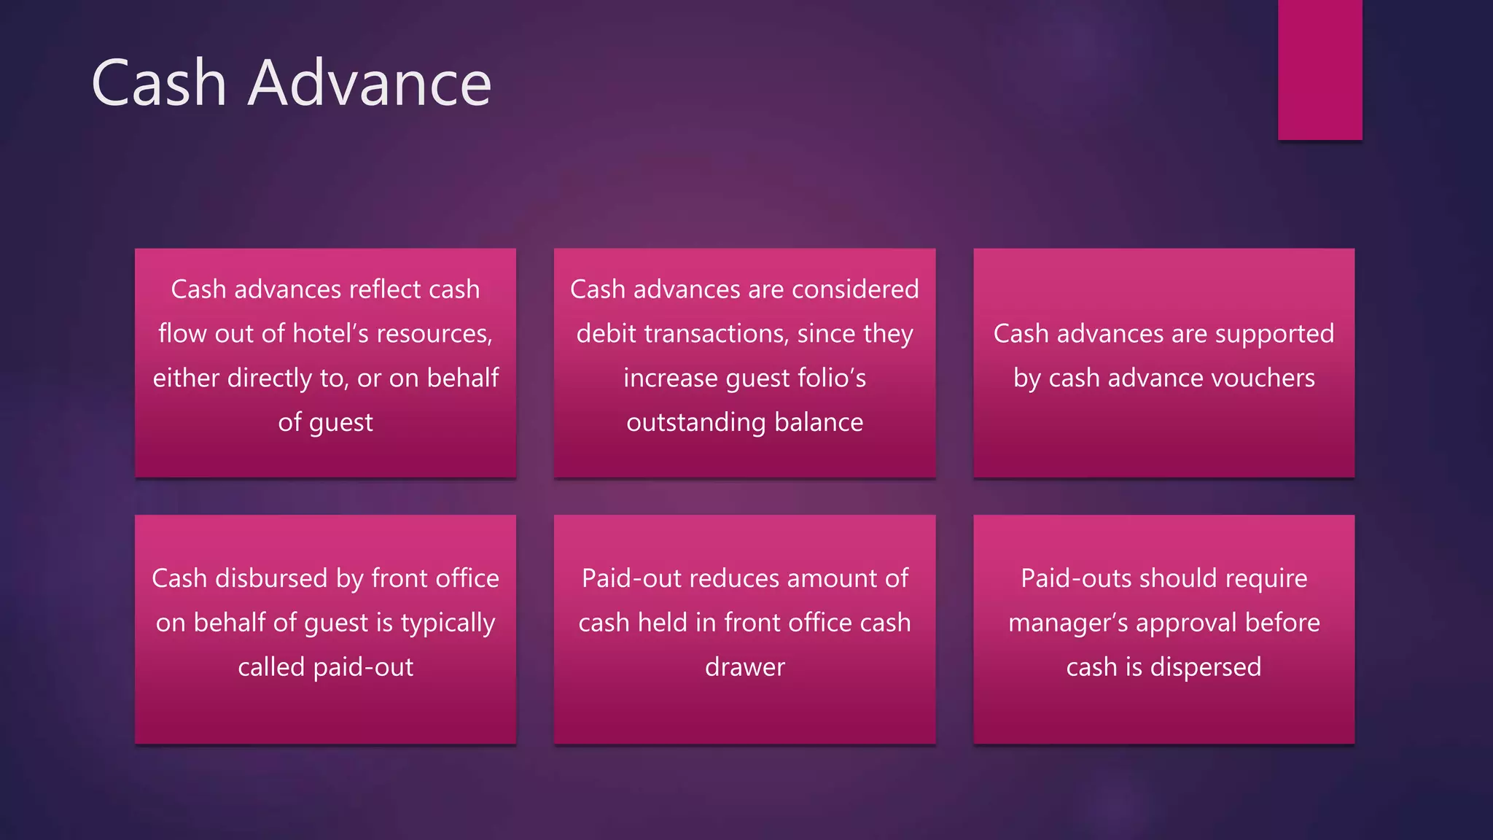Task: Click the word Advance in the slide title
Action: pos(370,83)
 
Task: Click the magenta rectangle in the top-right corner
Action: pos(1319,69)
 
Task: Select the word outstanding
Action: pos(686,423)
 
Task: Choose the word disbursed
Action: pos(271,578)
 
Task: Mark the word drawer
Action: pos(744,667)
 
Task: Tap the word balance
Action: pos(819,423)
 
